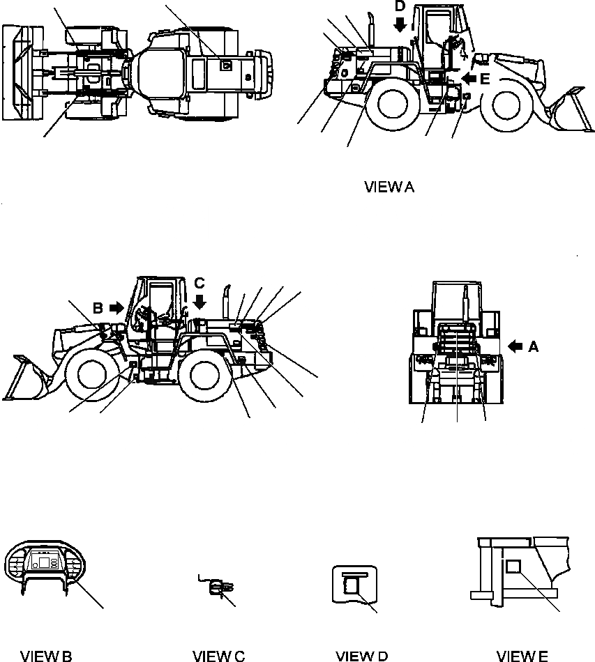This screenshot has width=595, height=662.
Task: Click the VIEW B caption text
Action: [46, 655]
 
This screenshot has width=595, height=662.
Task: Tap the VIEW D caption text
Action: [361, 655]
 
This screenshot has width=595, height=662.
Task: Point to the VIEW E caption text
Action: [522, 655]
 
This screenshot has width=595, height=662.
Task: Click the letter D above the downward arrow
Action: [399, 6]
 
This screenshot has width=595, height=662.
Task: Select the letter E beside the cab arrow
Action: [484, 79]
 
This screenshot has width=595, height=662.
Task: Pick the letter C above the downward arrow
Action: [199, 283]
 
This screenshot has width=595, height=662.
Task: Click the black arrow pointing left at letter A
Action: [515, 345]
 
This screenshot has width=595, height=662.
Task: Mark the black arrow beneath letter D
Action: [399, 24]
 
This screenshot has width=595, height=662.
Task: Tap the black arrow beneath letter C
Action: [199, 301]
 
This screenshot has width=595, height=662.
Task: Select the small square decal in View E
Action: [515, 568]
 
